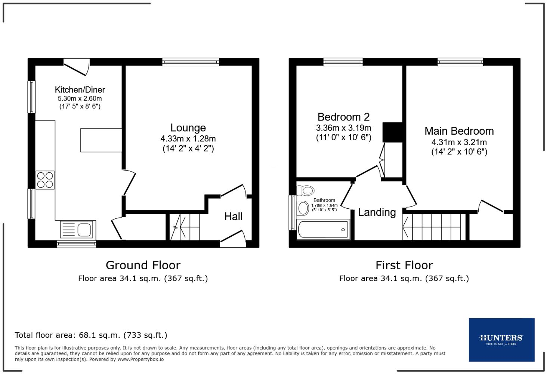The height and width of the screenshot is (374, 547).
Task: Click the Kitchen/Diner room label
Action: (x=80, y=90)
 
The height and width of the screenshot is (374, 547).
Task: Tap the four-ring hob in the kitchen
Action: (x=45, y=180)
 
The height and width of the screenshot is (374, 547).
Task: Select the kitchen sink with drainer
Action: (x=76, y=229)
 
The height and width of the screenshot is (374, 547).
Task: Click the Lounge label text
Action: (x=188, y=128)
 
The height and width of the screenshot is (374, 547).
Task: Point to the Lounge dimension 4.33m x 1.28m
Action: (x=188, y=139)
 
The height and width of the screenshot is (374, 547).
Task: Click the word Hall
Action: (x=233, y=216)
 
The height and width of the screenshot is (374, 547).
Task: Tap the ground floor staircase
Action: (x=184, y=227)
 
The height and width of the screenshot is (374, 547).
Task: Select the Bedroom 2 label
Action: (x=343, y=117)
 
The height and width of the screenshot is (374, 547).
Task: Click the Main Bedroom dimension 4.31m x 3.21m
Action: (x=459, y=142)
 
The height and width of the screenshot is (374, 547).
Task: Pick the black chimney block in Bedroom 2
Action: (x=392, y=132)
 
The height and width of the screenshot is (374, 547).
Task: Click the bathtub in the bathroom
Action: (x=323, y=229)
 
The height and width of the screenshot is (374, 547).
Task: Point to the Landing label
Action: (x=377, y=212)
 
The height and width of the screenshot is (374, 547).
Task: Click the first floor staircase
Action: (x=434, y=227)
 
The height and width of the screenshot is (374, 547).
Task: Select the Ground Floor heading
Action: (x=143, y=265)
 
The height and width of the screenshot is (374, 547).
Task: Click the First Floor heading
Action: (x=404, y=265)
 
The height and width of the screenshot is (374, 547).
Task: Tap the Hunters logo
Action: (x=501, y=340)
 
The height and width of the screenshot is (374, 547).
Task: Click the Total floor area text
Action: (x=91, y=335)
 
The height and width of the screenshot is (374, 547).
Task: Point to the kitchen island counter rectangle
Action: (x=101, y=140)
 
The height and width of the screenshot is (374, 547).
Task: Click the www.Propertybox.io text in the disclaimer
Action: (x=140, y=359)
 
